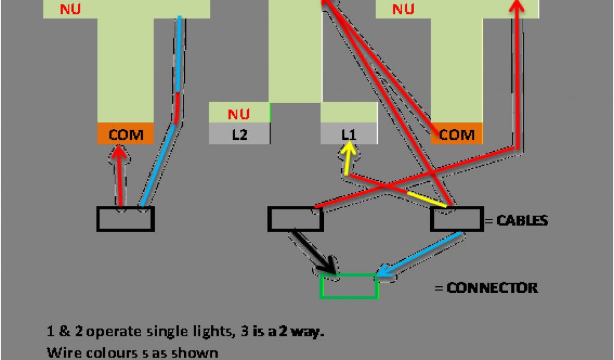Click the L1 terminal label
click(x=348, y=135)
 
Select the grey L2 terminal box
click(x=239, y=135)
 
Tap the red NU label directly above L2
click(x=239, y=113)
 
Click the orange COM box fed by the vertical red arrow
click(x=125, y=134)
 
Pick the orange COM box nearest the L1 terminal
click(x=457, y=135)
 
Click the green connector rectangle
click(x=349, y=286)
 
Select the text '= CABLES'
click(x=516, y=221)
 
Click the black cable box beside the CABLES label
click(x=456, y=220)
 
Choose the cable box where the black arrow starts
click(x=295, y=220)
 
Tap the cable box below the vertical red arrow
click(x=125, y=218)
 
